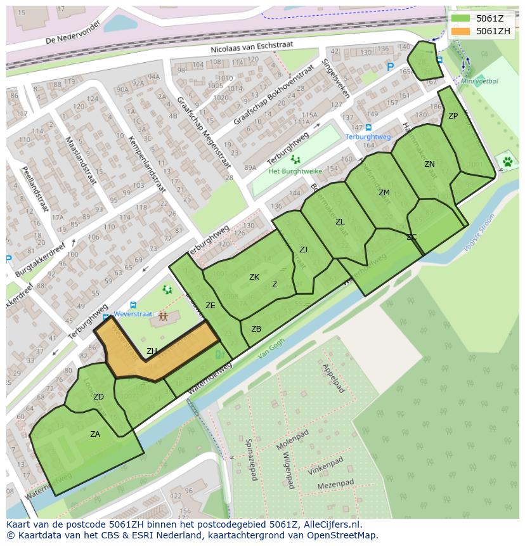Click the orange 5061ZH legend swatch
coord(461,31)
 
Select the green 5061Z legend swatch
coord(461,18)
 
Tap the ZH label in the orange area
coord(152,351)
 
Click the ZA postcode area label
coord(95,434)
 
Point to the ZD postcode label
coord(98,397)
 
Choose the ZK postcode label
coord(254,277)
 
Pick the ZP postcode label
coord(453,116)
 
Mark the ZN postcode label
coord(429,164)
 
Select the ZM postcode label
coord(384,193)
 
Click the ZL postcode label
coord(340,222)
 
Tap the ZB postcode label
coord(256,329)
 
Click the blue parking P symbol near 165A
coord(391,67)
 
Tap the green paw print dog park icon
coord(507,162)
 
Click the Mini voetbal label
coord(479,81)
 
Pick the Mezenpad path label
coord(335,484)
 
